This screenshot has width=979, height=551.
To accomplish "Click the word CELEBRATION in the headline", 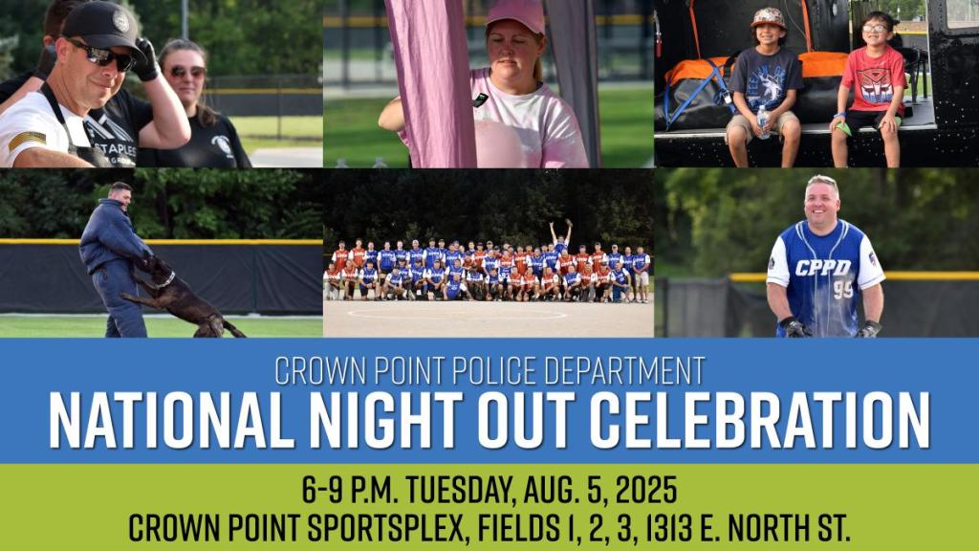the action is tap(759, 420).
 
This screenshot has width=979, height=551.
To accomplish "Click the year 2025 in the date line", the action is tap(645, 490).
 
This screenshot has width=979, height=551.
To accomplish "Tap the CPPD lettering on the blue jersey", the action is tap(823, 268).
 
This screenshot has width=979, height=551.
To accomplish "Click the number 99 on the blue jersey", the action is tap(842, 289).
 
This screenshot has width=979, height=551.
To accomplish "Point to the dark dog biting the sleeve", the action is tap(179, 296).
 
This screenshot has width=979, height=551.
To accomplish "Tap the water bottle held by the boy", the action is tap(762, 121).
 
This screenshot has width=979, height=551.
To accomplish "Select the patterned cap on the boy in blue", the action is tap(768, 17).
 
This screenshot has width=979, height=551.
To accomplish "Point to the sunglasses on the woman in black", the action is tap(186, 72).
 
